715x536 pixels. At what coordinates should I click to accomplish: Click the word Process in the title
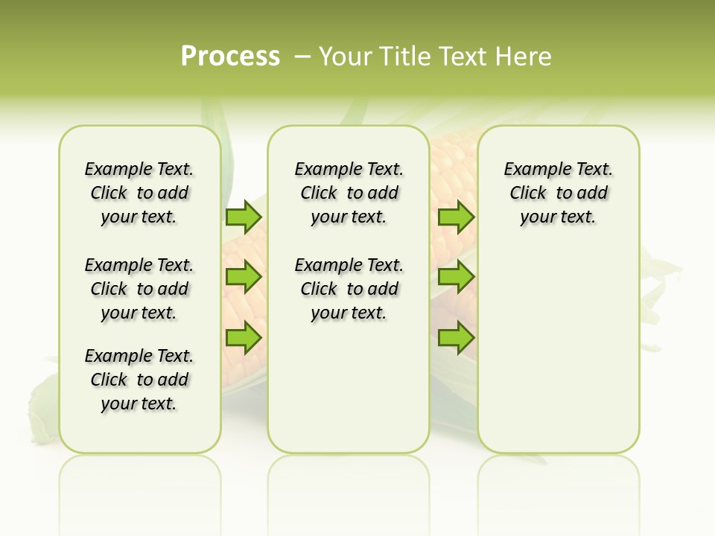230,57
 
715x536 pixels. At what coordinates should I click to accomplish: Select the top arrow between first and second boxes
244,217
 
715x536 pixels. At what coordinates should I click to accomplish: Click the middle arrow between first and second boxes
244,277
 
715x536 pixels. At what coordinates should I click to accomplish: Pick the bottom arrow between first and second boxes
244,338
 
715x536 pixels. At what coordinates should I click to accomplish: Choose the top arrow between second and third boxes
455,217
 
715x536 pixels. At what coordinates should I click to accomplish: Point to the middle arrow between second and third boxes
455,277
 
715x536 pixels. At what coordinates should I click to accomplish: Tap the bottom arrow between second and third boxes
455,338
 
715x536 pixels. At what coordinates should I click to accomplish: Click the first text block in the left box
139,193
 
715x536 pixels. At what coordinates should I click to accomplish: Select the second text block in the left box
139,289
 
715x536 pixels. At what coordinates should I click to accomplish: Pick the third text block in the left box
139,380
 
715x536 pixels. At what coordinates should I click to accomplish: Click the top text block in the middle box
349,193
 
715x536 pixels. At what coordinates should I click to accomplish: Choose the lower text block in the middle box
349,289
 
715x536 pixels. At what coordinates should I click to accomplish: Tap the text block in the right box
558,193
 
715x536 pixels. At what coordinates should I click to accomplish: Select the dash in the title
303,57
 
